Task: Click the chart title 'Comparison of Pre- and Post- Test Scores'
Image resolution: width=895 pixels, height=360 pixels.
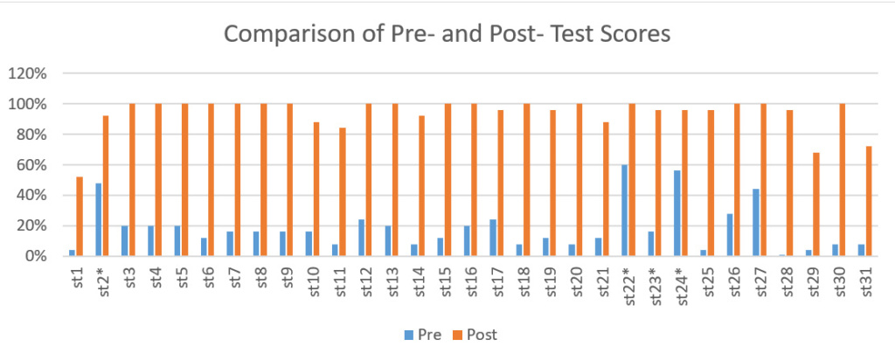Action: pyautogui.click(x=447, y=34)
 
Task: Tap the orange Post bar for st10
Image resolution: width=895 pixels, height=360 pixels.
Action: pyautogui.click(x=316, y=189)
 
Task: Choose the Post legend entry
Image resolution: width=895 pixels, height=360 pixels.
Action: pyautogui.click(x=473, y=333)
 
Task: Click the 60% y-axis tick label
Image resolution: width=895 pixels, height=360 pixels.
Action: pyautogui.click(x=31, y=165)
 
